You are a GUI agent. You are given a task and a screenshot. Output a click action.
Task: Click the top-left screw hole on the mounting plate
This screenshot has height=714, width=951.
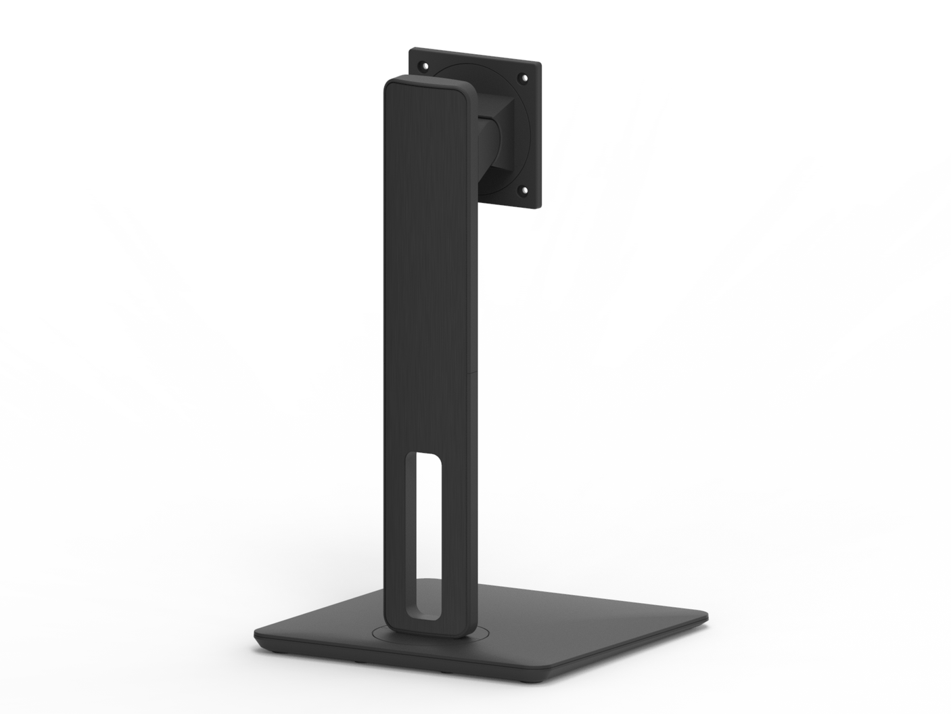[424, 67]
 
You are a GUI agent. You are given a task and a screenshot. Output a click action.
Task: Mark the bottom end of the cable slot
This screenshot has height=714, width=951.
[421, 612]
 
